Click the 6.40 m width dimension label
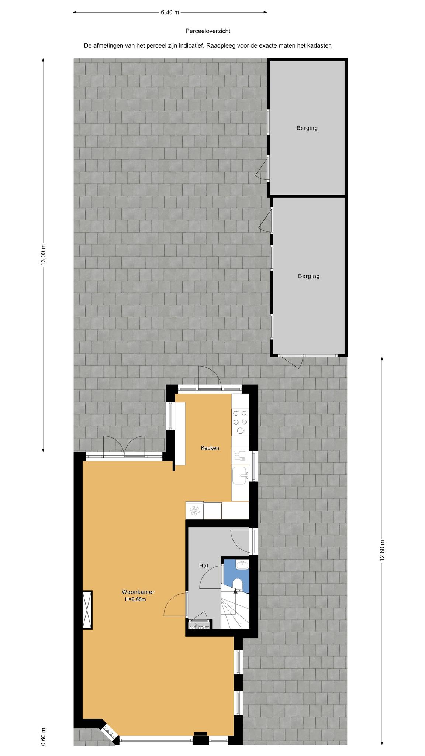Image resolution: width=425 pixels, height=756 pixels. pos(170,12)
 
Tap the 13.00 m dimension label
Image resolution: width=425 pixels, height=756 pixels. pos(44,254)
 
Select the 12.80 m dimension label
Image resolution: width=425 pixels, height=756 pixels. pos(382,550)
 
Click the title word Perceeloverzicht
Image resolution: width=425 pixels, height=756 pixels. pos(208,31)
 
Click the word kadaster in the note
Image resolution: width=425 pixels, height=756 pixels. pos(319,46)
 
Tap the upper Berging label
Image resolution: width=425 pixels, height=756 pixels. pos(307,128)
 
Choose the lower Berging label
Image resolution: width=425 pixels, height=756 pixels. pos(309,276)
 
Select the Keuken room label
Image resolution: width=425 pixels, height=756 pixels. pos(210,448)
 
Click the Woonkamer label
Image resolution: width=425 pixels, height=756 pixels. pos(138,592)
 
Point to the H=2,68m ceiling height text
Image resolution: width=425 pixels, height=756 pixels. pos(135,599)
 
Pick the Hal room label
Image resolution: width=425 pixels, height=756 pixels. pos(204,566)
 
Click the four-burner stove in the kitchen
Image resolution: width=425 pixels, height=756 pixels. pos(240,422)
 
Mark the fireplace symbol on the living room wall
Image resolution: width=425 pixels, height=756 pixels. pos(87,610)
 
